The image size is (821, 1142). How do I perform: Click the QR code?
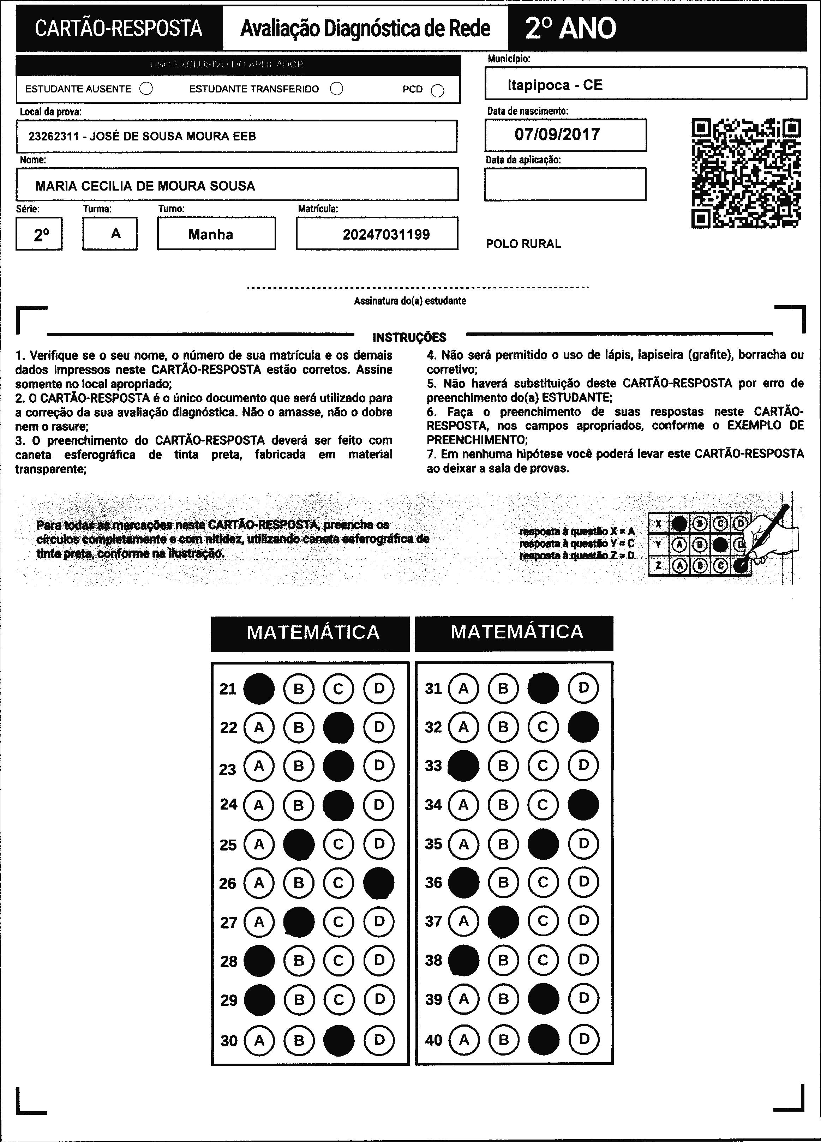pos(747,173)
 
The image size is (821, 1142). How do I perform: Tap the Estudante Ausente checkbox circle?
pos(146,89)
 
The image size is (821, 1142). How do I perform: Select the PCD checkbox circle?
pos(438,91)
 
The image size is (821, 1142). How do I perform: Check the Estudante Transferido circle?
pos(336,89)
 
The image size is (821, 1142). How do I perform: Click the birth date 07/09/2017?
pos(557,134)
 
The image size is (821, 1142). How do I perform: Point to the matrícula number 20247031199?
pos(386,235)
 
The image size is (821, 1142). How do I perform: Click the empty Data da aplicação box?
pos(565,184)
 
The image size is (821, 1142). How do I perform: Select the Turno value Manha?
pos(210,235)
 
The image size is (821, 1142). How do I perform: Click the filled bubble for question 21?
pos(259,688)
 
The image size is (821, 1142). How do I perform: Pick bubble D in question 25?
pos(379,844)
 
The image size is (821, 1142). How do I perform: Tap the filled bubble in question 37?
pos(503,921)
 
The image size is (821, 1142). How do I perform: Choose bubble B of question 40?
pos(503,1039)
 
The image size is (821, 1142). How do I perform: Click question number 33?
pos(433,766)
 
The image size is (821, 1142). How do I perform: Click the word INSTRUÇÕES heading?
pos(409,337)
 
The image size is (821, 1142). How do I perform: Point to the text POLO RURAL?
pos(523,244)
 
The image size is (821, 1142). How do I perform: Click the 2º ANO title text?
pos(570,28)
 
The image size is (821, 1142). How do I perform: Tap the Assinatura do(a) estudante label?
pos(409,301)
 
